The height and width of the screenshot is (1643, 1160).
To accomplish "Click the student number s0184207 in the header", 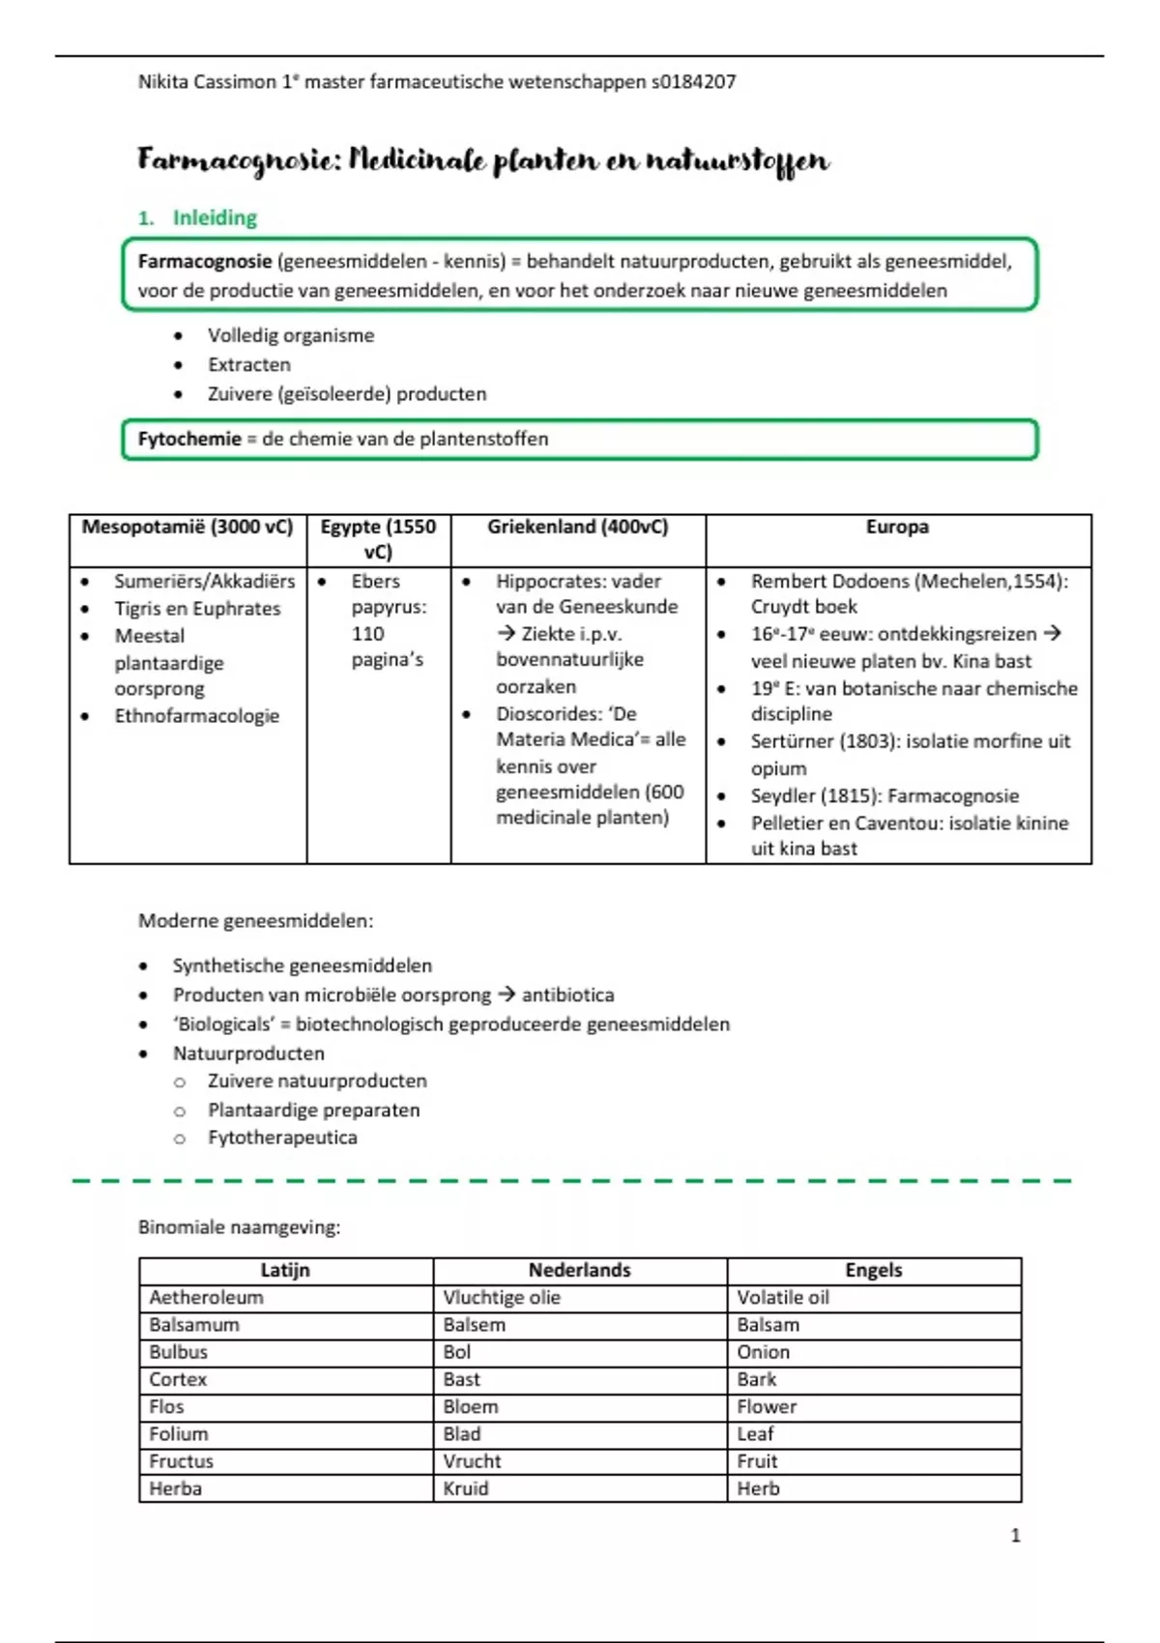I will tap(693, 82).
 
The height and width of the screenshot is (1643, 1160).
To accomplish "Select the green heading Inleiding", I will tap(215, 218).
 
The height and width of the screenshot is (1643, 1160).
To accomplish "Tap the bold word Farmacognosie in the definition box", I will tap(204, 261).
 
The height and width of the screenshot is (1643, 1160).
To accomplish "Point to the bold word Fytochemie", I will tap(189, 439).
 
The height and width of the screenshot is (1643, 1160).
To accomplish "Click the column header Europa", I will tap(897, 527).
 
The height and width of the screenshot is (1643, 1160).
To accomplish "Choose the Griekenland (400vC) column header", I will tap(577, 527).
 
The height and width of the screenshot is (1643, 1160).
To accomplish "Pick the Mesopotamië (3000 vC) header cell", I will tap(187, 527).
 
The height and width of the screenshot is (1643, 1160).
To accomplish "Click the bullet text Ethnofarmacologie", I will tap(196, 716).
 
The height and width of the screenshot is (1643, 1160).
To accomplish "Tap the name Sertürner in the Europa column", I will tap(792, 741).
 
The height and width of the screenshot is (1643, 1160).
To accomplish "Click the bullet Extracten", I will tap(248, 365).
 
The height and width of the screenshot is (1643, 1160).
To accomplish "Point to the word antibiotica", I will tap(567, 995).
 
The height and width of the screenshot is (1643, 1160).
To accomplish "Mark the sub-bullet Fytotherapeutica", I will tap(282, 1139).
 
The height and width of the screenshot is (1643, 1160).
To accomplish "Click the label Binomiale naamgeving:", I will tap(239, 1227).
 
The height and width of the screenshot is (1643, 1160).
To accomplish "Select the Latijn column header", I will tap(285, 1271).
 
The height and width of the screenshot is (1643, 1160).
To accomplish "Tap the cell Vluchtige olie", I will tap(502, 1298).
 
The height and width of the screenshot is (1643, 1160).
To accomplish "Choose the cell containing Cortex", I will tap(178, 1380).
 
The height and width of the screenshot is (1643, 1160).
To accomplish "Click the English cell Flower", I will tap(767, 1407).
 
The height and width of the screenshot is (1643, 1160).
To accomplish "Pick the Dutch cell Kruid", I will tap(466, 1489).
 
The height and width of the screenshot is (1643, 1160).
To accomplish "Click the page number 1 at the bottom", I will tap(1015, 1536).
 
